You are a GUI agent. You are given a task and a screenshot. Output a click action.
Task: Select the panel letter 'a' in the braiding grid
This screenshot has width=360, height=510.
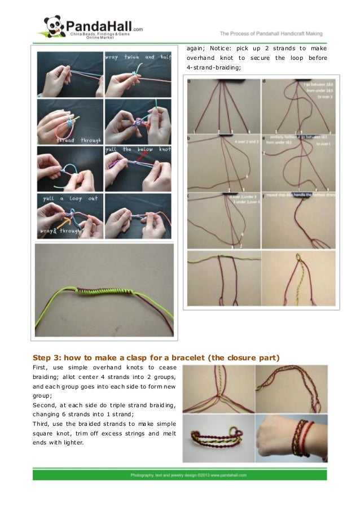pos(189,81)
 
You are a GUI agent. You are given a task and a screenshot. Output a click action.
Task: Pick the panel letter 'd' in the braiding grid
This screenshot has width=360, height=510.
pos(264,81)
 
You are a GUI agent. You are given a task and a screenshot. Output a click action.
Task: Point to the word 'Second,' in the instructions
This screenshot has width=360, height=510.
pos(45,405)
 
